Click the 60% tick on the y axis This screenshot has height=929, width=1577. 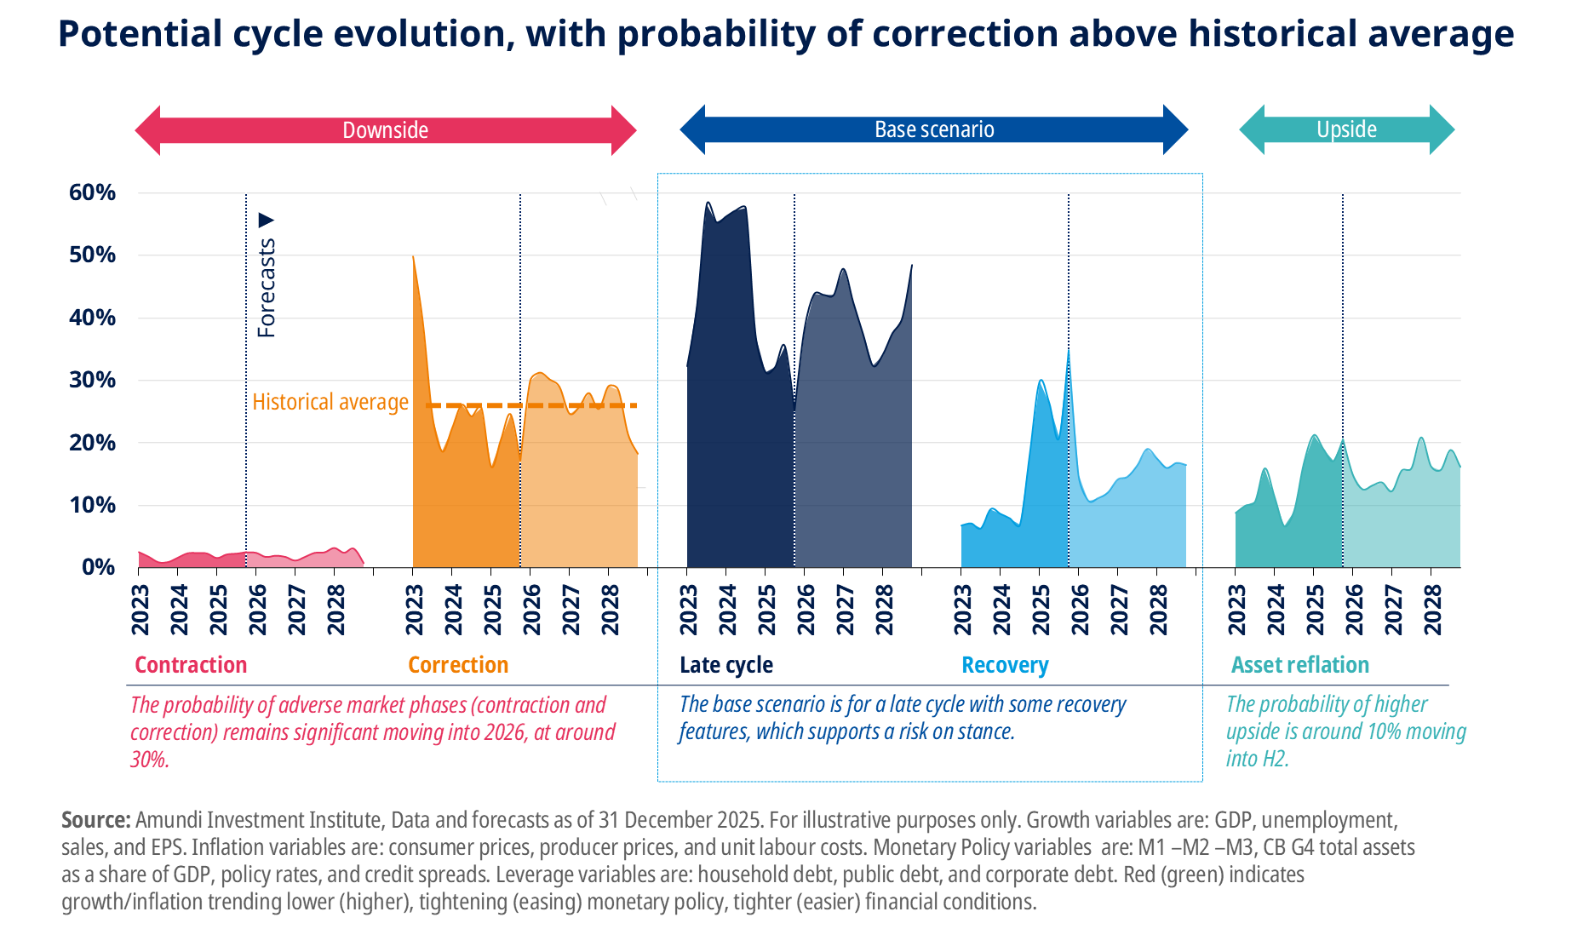(x=92, y=192)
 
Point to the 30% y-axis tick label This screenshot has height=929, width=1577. (x=92, y=380)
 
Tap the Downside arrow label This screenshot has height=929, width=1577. (x=385, y=130)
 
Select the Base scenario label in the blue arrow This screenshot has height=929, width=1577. (x=934, y=129)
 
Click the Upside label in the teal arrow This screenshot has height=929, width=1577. (x=1346, y=129)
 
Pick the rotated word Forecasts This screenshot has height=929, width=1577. (x=267, y=288)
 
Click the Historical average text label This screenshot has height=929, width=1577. (x=330, y=402)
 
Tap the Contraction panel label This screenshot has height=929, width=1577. (x=191, y=665)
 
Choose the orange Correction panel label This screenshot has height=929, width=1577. (x=458, y=665)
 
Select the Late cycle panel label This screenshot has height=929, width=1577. (x=726, y=665)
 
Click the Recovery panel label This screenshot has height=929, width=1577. (x=1005, y=665)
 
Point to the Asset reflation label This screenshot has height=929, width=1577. (x=1300, y=665)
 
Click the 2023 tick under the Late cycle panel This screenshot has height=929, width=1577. (x=688, y=610)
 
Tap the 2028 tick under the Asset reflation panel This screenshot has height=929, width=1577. (x=1433, y=610)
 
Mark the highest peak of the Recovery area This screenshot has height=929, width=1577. (x=1069, y=351)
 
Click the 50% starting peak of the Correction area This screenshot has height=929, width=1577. (x=413, y=256)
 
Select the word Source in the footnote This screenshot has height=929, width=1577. (x=95, y=820)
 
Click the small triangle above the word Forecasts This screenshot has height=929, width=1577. (x=267, y=221)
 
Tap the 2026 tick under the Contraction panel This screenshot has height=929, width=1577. (x=257, y=610)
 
